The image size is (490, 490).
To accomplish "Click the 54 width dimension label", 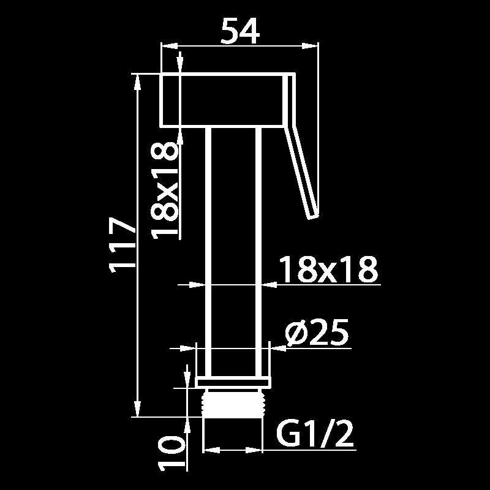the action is tap(240, 31).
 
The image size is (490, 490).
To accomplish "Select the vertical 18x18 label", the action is tap(165, 190).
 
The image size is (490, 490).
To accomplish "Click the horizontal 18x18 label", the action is tap(328, 269).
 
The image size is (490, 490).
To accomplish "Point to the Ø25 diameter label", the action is tap(317, 333).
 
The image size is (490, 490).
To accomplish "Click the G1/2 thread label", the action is tap(315, 434).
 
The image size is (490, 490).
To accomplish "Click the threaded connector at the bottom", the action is tap(233, 402).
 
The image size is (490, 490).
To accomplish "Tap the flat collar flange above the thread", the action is tap(233, 383).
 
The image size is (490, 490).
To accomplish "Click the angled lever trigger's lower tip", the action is tap(314, 216).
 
